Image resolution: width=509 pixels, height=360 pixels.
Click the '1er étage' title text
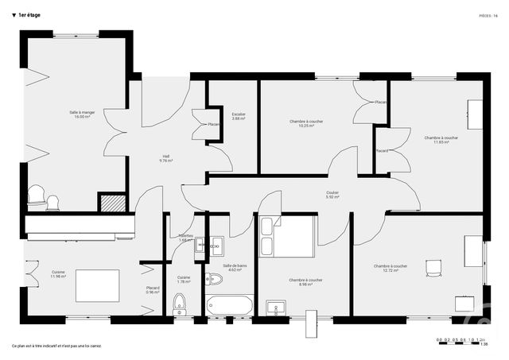coord(29,15)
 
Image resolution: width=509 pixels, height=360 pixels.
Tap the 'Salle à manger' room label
coord(80,114)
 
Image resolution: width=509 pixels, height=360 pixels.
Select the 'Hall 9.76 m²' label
coord(166,158)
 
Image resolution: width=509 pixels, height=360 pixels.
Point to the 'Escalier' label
coord(239,116)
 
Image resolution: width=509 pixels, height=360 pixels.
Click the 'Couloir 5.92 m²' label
coord(332,195)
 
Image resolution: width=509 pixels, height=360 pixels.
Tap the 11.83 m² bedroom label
coord(441,140)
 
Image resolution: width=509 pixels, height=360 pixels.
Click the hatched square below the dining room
coord(112,202)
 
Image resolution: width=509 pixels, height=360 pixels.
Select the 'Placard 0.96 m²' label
coord(153,290)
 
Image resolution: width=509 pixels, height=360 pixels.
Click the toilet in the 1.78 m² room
coord(180,302)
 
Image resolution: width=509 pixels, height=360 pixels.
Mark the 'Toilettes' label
coord(185,238)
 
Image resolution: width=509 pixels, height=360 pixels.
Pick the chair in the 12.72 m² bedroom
coord(433,268)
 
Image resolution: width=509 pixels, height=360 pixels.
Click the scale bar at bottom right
coord(462,342)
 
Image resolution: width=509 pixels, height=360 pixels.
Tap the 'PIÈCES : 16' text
coord(488,15)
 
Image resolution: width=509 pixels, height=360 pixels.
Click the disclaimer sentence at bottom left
coord(56,346)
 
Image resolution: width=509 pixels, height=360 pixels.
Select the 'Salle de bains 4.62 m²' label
coord(234,268)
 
